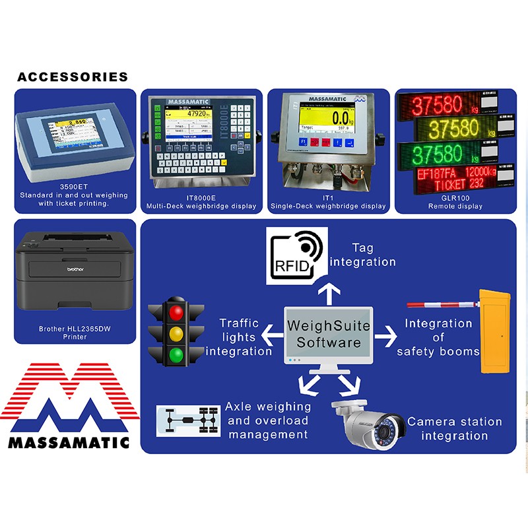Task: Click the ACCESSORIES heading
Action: click(73, 77)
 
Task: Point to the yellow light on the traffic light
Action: click(176, 333)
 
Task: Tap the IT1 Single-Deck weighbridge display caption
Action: click(328, 202)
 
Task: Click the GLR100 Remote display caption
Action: click(456, 202)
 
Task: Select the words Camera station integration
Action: click(454, 428)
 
